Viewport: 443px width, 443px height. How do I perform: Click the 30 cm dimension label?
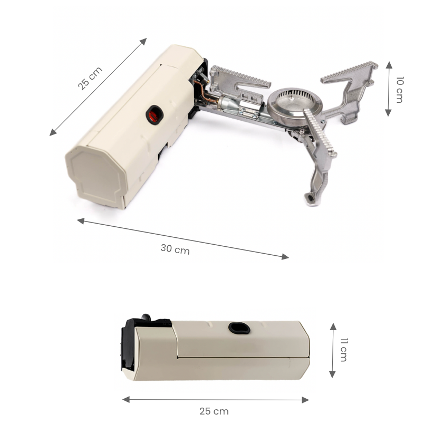click(175, 249)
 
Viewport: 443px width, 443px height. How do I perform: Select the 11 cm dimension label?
click(343, 350)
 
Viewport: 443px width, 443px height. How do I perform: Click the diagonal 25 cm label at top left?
click(91, 78)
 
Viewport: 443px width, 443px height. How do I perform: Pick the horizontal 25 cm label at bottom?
click(214, 411)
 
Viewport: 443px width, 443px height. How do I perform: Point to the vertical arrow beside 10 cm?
click(389, 89)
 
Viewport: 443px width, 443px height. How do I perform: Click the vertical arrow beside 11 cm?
click(332, 350)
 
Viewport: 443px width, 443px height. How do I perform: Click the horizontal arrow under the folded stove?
click(215, 400)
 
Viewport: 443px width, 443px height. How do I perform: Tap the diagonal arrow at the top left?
click(98, 86)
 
